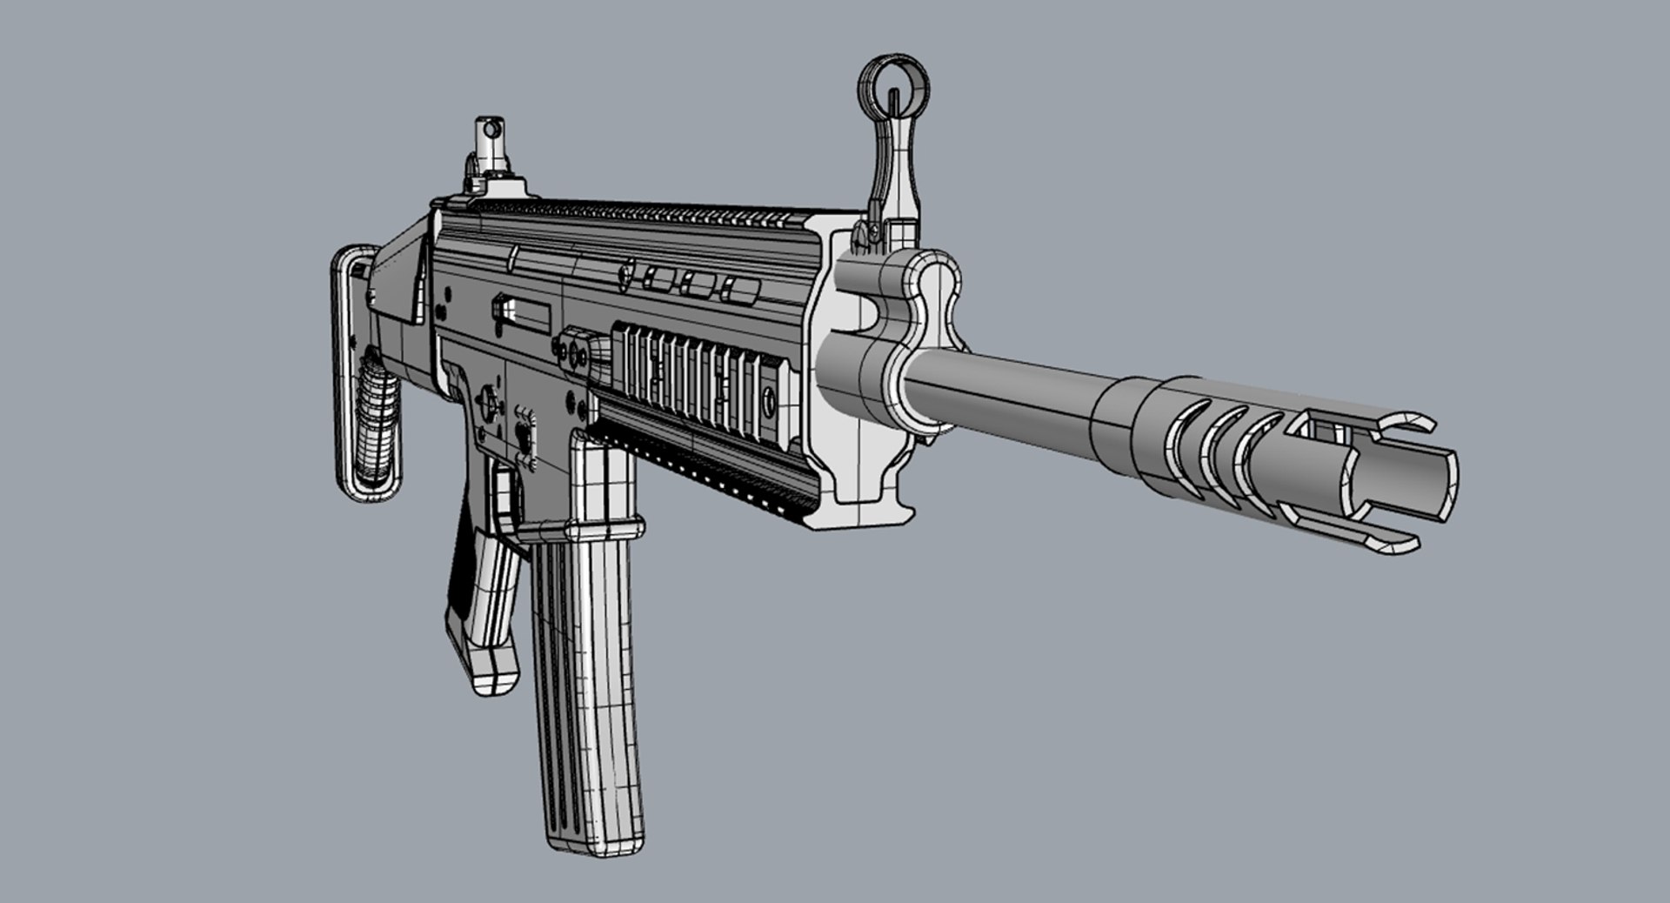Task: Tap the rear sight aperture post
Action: pyautogui.click(x=491, y=130)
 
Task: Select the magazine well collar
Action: pyautogui.click(x=600, y=527)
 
